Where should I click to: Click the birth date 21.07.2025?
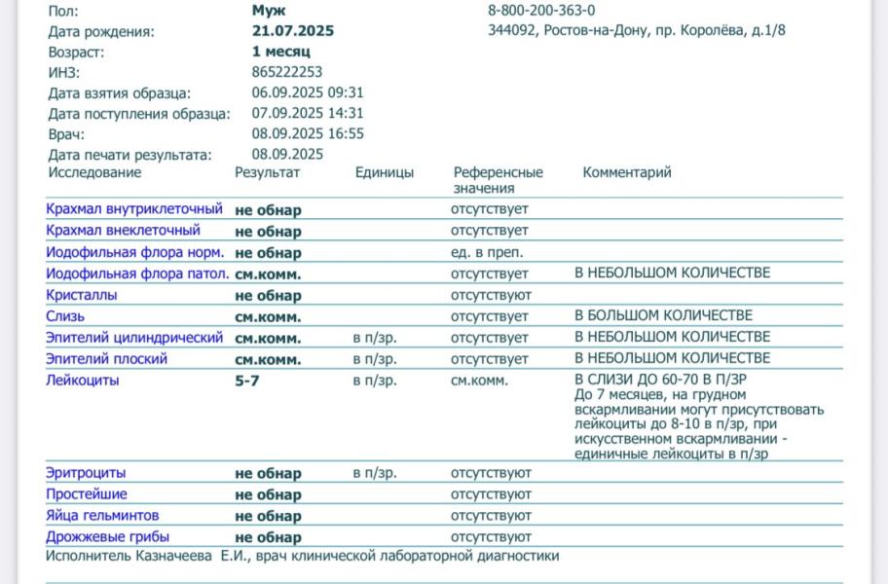coord(292,31)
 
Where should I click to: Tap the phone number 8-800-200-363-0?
coord(541,10)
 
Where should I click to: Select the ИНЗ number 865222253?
coord(286,72)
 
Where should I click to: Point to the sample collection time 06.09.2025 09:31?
coord(307,93)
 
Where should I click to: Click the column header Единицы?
coord(384,173)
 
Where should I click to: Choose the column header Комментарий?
coord(627,173)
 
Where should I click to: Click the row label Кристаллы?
coord(82,295)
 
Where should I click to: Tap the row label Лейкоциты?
coord(83,381)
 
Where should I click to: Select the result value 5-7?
coord(247,381)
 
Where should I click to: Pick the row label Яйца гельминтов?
coord(102,515)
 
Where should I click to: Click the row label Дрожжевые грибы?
coord(107,536)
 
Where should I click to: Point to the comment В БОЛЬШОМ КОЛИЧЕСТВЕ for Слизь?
coord(663,316)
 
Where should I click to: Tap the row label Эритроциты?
coord(86,473)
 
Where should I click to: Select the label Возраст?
coord(75,52)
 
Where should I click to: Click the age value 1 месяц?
coord(280,52)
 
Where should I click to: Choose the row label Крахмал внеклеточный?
coord(123,231)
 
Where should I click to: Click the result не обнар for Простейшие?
coord(268,494)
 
